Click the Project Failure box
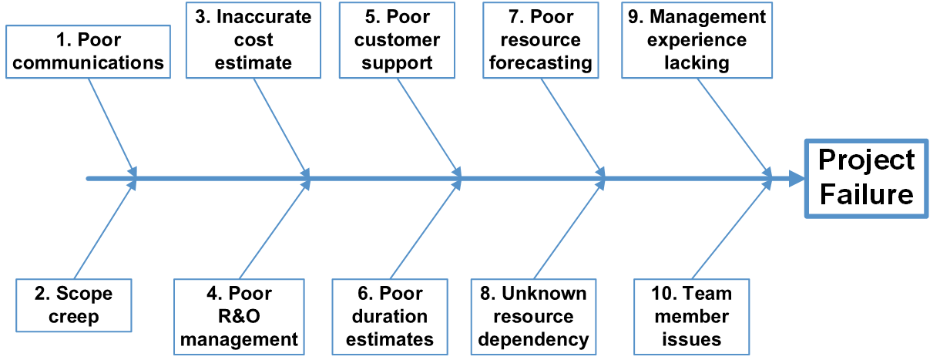(x=866, y=178)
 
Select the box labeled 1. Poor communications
(x=89, y=52)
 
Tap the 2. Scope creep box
(x=73, y=305)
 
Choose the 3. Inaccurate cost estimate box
(x=253, y=40)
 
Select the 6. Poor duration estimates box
(x=390, y=316)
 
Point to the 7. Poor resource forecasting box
(x=541, y=40)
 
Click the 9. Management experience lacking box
(x=696, y=40)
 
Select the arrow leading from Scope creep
(x=105, y=230)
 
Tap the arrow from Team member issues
(x=732, y=230)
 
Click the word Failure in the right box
(x=866, y=194)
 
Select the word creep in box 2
(x=73, y=317)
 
